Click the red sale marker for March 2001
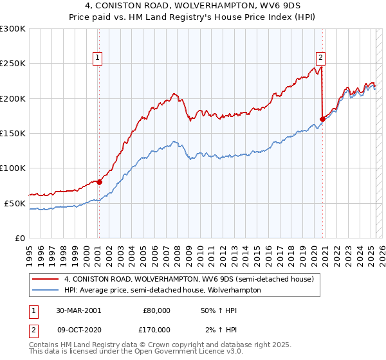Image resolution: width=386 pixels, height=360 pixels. pos(100,182)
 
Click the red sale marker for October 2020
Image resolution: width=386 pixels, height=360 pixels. pos(322,119)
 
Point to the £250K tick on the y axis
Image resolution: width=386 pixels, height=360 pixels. pos(12,64)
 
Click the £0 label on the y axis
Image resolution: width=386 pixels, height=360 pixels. pos(19,238)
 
